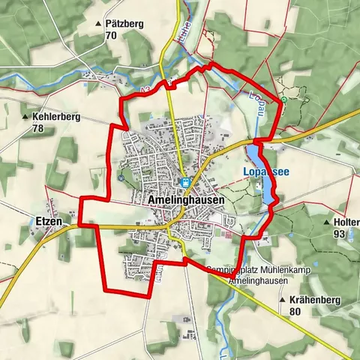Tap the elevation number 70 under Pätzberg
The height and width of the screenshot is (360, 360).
click(111, 35)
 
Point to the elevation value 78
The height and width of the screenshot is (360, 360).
click(38, 128)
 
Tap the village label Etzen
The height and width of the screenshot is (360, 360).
click(47, 222)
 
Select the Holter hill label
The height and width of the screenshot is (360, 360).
click(346, 223)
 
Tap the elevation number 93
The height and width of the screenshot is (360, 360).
click(339, 234)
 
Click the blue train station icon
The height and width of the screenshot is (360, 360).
click(184, 182)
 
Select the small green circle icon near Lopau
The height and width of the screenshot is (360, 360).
click(283, 99)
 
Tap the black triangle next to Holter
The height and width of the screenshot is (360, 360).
click(325, 223)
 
